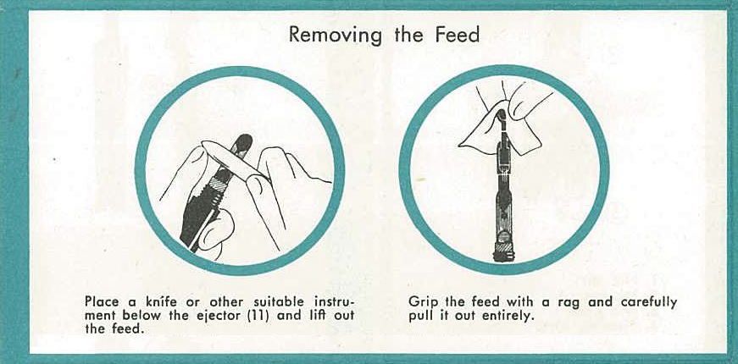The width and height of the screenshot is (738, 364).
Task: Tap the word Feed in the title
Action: pyautogui.click(x=458, y=34)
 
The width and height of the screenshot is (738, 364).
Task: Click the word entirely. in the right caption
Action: pyautogui.click(x=508, y=316)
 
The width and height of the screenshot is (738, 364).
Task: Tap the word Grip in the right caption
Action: pyautogui.click(x=422, y=301)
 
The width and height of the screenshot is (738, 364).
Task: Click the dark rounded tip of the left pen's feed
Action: pyautogui.click(x=243, y=142)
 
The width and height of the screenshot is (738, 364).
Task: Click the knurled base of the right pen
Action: pyautogui.click(x=504, y=251)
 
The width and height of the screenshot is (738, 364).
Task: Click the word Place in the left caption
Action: pyautogui.click(x=102, y=301)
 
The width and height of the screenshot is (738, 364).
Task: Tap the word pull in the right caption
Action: pyautogui.click(x=418, y=316)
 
